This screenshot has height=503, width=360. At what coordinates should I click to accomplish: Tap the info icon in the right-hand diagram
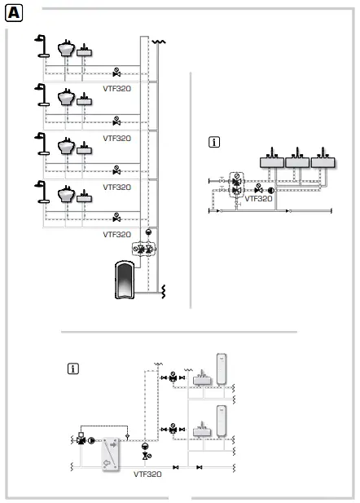[215, 142]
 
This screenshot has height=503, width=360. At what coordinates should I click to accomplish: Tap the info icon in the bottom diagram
[74, 368]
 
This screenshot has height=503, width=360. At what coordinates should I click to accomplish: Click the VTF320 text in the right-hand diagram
[258, 198]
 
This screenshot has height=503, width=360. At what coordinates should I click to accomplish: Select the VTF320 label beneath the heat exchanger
[147, 473]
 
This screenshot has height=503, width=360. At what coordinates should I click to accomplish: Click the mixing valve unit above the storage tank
[147, 250]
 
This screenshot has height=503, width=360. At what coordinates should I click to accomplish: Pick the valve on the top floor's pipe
[116, 71]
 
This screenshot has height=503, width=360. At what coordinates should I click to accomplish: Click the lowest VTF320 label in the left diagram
[116, 234]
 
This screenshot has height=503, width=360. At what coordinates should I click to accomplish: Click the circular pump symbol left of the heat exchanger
[91, 441]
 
